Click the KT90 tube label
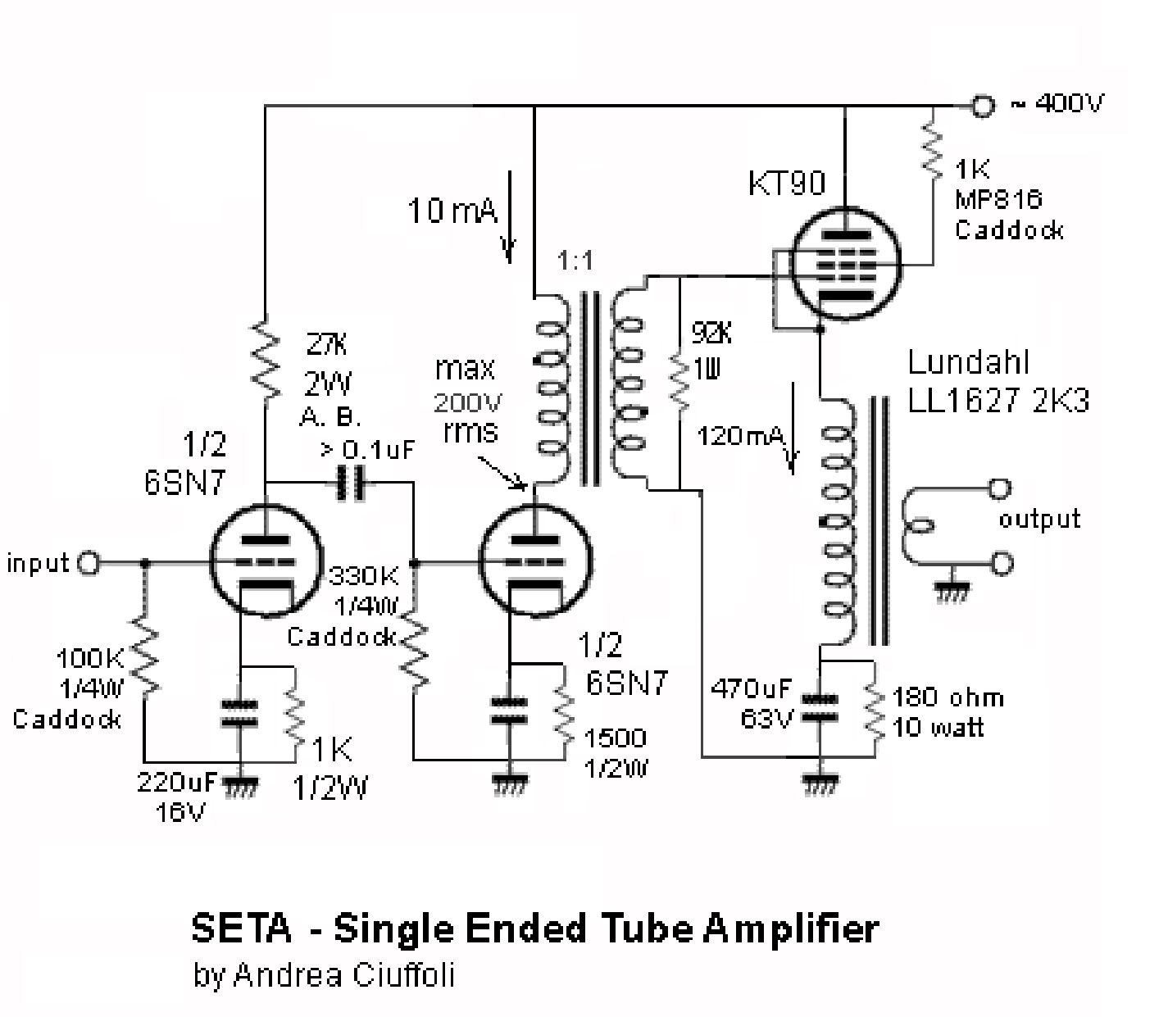tap(786, 184)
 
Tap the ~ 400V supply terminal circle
tap(981, 106)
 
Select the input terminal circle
tap(88, 563)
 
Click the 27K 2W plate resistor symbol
tap(266, 361)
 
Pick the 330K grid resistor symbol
tap(415, 652)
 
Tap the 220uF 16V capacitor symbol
tap(239, 713)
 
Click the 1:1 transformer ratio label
tap(575, 261)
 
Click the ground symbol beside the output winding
tap(951, 592)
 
